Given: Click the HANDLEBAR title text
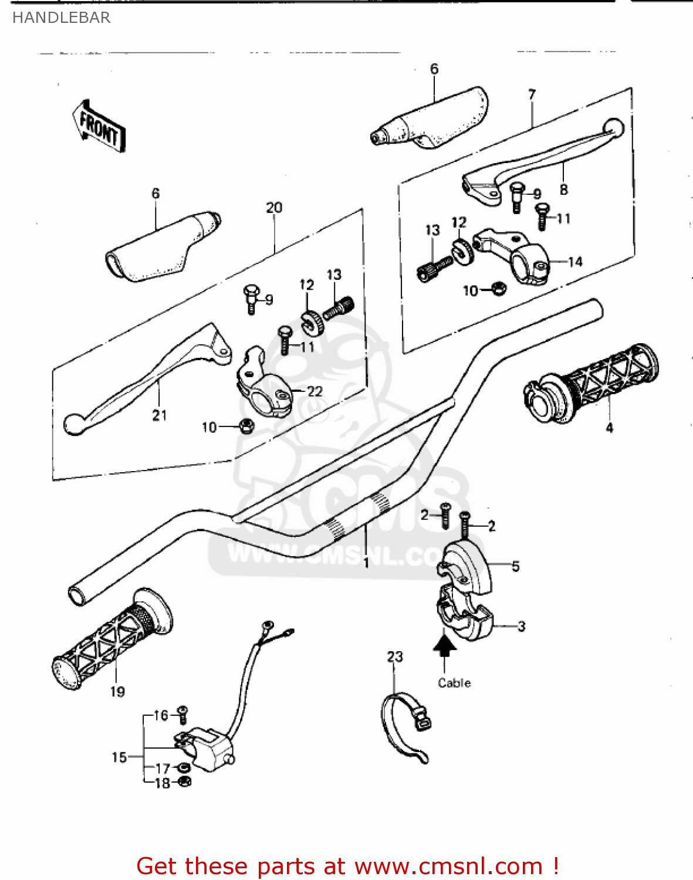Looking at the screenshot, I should pos(61,18).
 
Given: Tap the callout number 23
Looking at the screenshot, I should pos(395,656).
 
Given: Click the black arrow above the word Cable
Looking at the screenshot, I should pos(445,645).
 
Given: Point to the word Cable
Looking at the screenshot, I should pos(454,683).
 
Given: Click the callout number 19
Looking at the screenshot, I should pos(117,692).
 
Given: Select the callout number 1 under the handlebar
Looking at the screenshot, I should pos(366,563).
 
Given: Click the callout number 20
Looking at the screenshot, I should pos(274,208).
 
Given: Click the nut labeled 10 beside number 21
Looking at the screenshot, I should pos(247,425).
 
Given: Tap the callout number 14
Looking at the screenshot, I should pos(575,262).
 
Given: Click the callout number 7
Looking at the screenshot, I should pos(532,94).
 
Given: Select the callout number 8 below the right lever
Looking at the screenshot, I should pos(563,189).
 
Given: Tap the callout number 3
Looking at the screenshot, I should pos(521,627).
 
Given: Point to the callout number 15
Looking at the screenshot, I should pos(119,757).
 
